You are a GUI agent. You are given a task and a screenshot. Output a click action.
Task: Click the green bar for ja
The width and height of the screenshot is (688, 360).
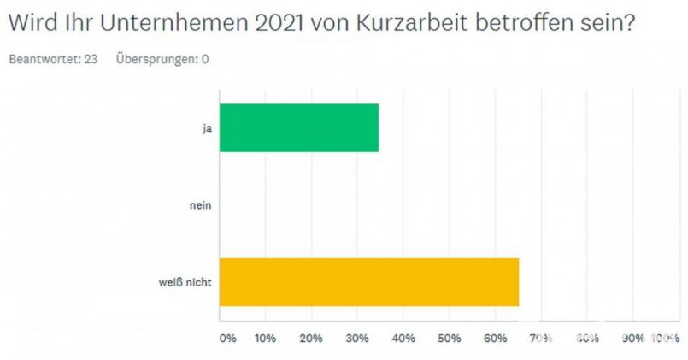click(x=299, y=127)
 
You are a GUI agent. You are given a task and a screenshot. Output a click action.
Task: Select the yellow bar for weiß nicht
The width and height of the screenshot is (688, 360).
click(x=369, y=281)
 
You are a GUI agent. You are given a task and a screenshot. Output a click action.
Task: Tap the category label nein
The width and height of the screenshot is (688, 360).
click(x=202, y=205)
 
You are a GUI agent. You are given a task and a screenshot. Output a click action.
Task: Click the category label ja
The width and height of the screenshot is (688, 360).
click(x=207, y=128)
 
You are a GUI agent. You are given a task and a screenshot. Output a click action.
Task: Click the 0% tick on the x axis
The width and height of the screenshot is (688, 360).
click(x=228, y=339)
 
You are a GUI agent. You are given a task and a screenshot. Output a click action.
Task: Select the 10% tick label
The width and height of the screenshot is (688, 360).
click(x=265, y=339)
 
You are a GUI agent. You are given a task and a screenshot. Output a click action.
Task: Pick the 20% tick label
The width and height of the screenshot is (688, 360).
click(x=311, y=339)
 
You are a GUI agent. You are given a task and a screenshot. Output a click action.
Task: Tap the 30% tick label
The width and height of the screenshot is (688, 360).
click(x=356, y=339)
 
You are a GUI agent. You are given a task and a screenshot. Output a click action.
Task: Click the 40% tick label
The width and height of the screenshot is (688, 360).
click(x=403, y=339)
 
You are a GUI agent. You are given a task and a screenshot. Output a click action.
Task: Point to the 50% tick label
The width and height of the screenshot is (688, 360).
click(x=449, y=339)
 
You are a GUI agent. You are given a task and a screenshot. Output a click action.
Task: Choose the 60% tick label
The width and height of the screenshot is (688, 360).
click(x=494, y=339)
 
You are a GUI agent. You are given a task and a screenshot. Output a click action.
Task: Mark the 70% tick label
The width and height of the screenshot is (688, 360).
click(x=540, y=339)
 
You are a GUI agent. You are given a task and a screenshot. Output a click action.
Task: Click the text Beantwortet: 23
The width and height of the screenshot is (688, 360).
click(x=51, y=60)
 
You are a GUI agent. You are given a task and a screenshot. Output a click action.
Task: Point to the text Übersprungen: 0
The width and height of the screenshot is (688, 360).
click(x=162, y=60)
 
